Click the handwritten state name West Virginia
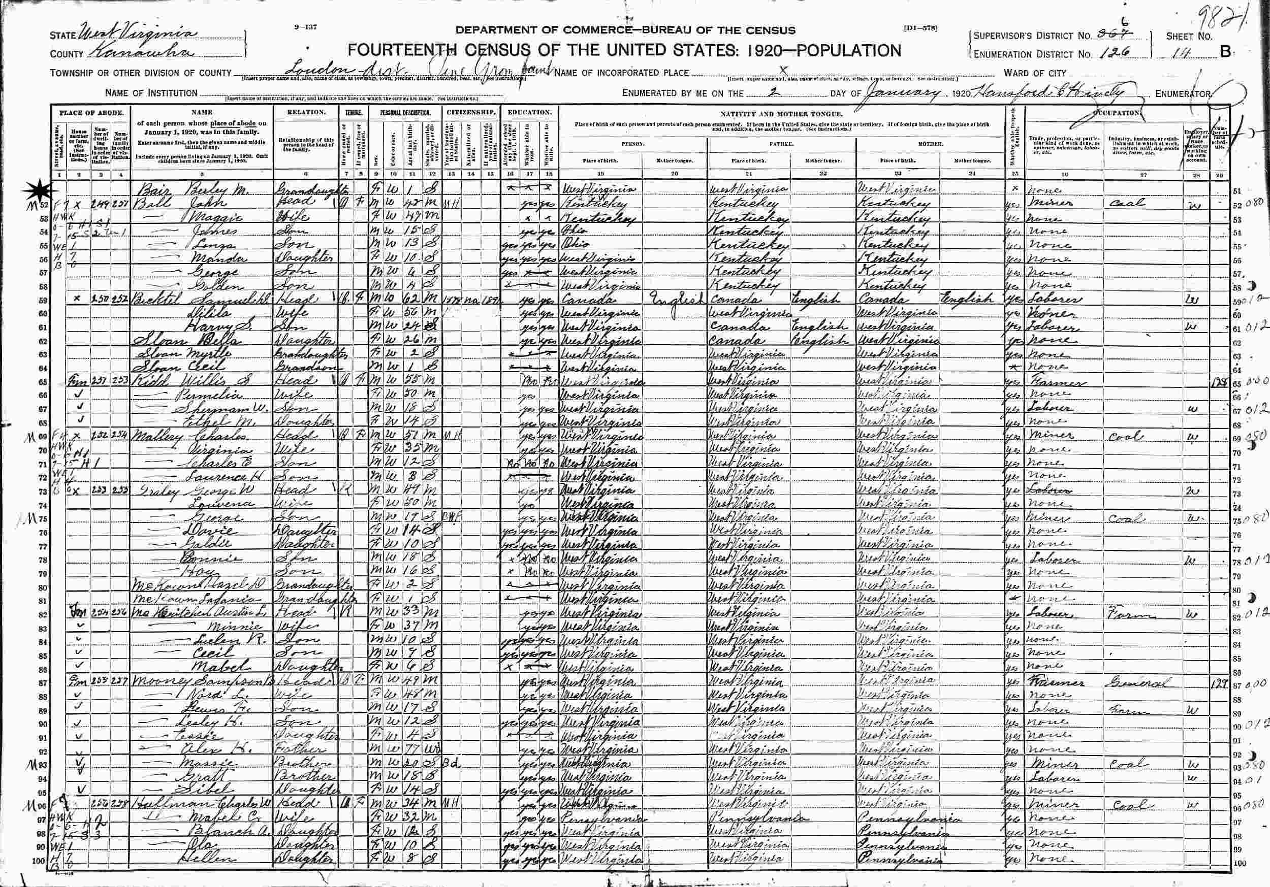click(138, 35)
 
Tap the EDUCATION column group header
click(529, 112)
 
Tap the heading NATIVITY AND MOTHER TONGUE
click(780, 112)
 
